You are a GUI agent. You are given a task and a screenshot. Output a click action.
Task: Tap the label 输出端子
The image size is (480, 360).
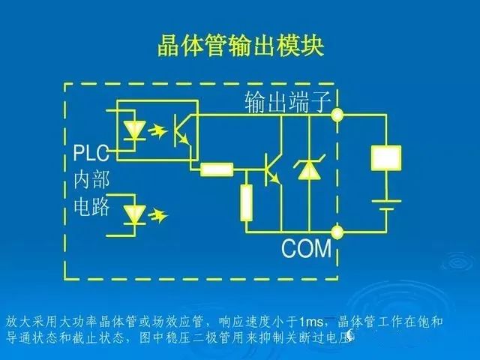point(287,102)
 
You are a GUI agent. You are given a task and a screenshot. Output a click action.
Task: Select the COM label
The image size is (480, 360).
point(306,248)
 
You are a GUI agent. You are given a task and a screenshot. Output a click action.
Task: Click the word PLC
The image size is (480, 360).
point(91,154)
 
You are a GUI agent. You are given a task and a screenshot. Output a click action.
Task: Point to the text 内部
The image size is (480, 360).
point(91,180)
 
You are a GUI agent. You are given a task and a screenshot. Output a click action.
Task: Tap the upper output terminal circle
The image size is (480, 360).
point(337,115)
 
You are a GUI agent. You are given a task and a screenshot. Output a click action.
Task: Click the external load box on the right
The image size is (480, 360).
point(387,157)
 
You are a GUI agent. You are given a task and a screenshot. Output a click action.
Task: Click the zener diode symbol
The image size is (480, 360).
point(307,171)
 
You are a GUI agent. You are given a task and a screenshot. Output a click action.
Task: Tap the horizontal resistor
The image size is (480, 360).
point(217,169)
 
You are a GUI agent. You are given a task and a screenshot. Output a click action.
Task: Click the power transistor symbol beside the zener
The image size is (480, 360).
point(271,170)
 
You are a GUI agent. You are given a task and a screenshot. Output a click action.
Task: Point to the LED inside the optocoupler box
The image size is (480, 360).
point(135,129)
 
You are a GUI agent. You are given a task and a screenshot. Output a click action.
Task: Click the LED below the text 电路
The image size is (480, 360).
point(135,215)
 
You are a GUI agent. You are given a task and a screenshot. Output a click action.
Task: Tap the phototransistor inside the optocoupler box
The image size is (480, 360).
point(181,129)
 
